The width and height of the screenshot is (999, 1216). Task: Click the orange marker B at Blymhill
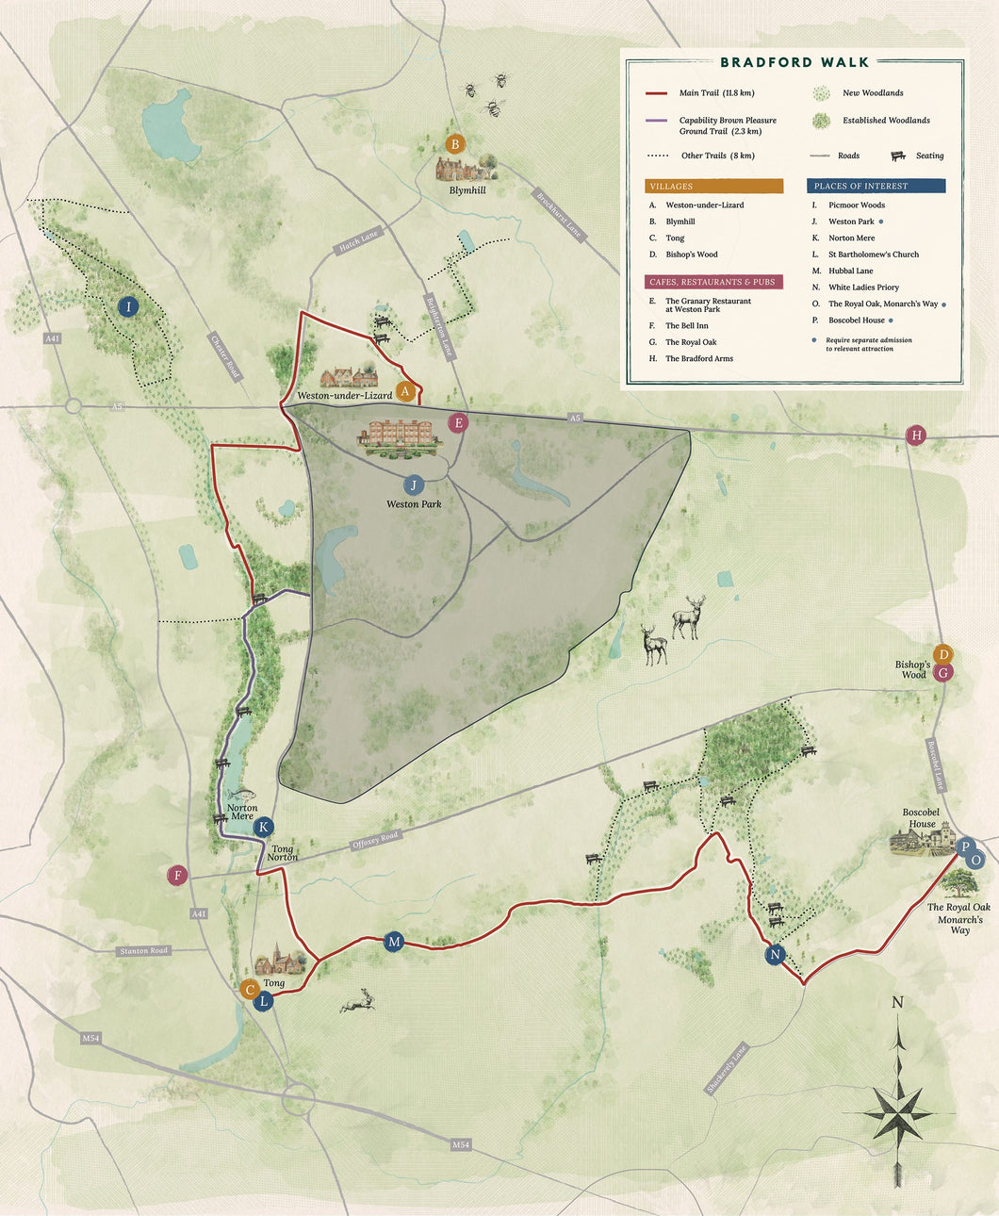pyautogui.click(x=455, y=144)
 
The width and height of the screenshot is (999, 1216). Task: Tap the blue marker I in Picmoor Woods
pyautogui.click(x=128, y=306)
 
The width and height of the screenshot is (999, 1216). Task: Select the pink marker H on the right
pyautogui.click(x=915, y=435)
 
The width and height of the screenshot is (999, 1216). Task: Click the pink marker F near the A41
pyautogui.click(x=176, y=876)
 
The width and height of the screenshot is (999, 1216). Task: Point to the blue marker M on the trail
pyautogui.click(x=394, y=941)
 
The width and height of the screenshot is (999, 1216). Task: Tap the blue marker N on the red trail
pyautogui.click(x=775, y=954)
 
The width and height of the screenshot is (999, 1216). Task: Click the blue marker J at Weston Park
pyautogui.click(x=413, y=485)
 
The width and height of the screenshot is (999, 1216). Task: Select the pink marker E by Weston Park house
pyautogui.click(x=458, y=422)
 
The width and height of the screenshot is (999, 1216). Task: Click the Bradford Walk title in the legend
pyautogui.click(x=794, y=62)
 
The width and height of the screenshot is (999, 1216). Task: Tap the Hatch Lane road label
pyautogui.click(x=358, y=241)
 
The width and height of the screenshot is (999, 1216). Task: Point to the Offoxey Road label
pyautogui.click(x=375, y=840)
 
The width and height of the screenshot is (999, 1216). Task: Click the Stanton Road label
pyautogui.click(x=144, y=950)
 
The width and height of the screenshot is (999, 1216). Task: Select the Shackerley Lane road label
pyautogui.click(x=726, y=1069)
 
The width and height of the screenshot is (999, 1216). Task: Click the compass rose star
pyautogui.click(x=897, y=1115)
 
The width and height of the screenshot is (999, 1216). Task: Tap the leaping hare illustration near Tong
pyautogui.click(x=357, y=1001)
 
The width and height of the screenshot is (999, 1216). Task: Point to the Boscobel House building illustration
pyautogui.click(x=922, y=838)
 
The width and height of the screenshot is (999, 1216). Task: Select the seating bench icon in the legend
pyautogui.click(x=897, y=156)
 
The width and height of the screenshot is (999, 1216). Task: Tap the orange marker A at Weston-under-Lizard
pyautogui.click(x=405, y=391)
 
